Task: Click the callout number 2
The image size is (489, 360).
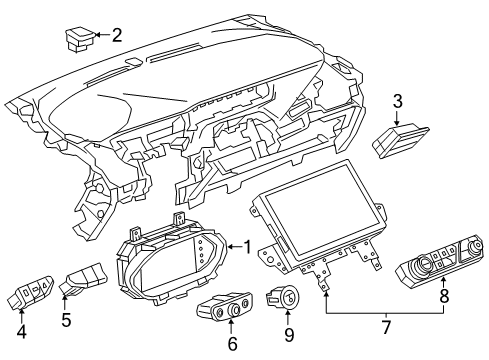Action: (117, 36)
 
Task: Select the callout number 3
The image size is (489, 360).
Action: (397, 100)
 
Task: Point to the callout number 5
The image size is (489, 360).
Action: (68, 322)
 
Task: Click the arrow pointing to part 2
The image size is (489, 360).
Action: (102, 37)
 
